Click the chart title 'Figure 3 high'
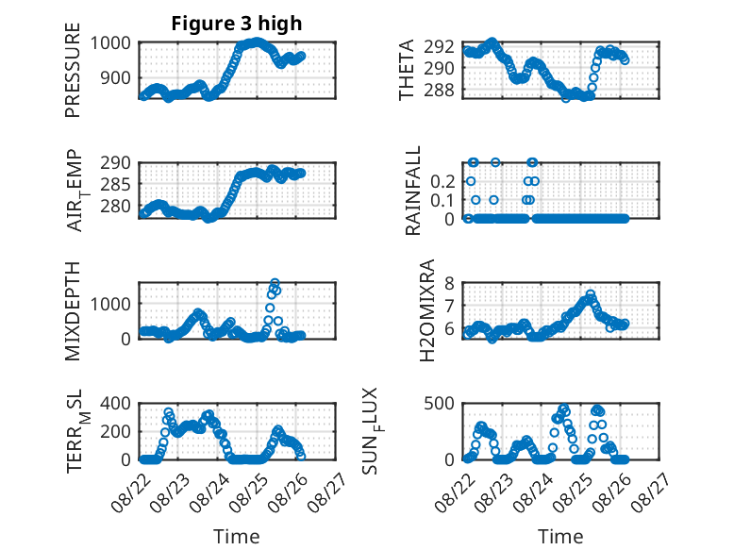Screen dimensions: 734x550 [x=237, y=24]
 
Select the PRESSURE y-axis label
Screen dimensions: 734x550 [x=73, y=70]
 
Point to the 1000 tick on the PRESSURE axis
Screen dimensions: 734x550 [x=110, y=43]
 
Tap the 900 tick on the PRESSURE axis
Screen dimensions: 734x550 [x=115, y=77]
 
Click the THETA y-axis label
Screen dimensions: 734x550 [x=407, y=70]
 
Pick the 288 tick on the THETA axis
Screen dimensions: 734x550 [x=439, y=90]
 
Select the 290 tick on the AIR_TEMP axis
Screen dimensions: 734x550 [x=115, y=163]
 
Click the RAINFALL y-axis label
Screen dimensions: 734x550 [x=413, y=191]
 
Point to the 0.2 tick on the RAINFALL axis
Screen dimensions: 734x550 [x=442, y=181]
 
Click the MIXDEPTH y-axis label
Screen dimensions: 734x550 [x=73, y=311]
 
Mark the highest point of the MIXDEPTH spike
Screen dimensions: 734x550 [x=275, y=283]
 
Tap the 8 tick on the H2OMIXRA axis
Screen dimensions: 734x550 [x=449, y=283]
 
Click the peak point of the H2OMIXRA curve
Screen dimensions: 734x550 [x=591, y=294]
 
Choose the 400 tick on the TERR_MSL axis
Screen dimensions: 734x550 [x=115, y=403]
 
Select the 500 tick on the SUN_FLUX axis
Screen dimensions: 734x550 [x=439, y=403]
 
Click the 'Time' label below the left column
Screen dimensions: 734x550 [x=237, y=537]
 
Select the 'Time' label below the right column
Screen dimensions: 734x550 [x=560, y=537]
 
